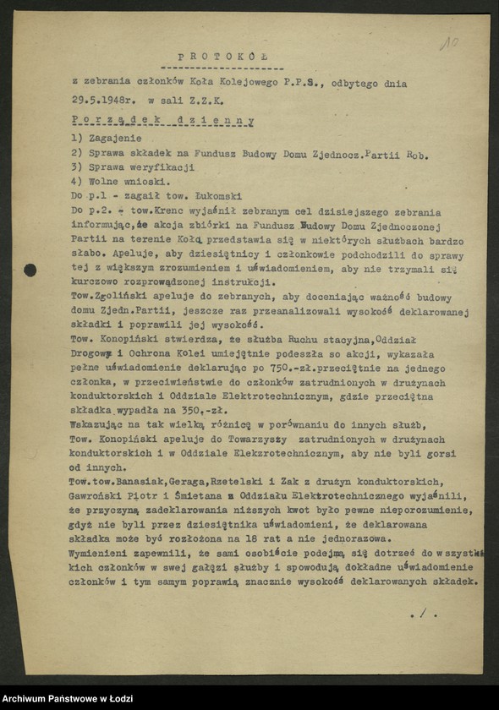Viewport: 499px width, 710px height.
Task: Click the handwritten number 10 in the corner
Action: click(449, 42)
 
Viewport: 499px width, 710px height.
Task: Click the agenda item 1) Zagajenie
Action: click(107, 138)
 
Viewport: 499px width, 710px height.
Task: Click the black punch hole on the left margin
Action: click(30, 270)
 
